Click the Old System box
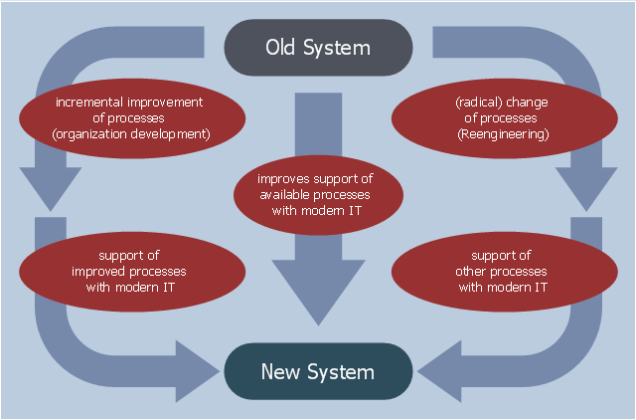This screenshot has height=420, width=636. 318,48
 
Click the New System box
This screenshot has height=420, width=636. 318,371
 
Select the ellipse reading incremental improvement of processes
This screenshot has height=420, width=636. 132,118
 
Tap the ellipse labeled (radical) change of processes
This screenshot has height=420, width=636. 505,118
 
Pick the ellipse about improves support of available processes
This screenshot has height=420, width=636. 318,195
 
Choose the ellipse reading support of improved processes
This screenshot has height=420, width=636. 132,272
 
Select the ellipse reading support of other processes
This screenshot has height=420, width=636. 505,272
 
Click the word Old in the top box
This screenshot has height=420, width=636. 280,47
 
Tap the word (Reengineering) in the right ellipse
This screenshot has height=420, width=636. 503,134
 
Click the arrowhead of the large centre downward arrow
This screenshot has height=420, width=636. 318,291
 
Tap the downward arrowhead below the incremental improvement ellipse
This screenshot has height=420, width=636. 51,188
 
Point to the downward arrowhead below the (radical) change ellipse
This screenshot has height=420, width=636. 586,188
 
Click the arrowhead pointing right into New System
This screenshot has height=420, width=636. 196,371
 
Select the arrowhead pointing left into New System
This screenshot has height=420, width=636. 441,371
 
